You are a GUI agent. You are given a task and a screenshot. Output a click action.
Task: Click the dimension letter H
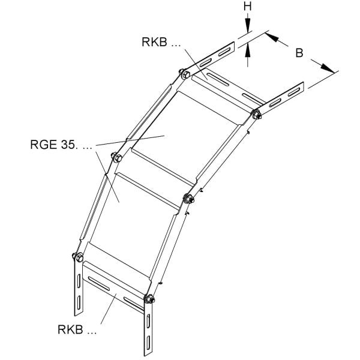pyautogui.click(x=247, y=7)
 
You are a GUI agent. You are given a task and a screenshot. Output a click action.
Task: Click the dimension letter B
pyautogui.click(x=299, y=53)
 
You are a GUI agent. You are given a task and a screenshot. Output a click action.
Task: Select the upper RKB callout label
pyautogui.click(x=161, y=42)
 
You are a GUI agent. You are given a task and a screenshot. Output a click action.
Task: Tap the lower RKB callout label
pyautogui.click(x=77, y=329)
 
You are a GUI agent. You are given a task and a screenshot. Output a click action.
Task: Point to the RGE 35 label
pyautogui.click(x=61, y=145)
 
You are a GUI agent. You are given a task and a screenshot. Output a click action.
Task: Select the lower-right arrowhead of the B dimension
pyautogui.click(x=328, y=68)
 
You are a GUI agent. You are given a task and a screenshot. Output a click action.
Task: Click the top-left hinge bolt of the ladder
pyautogui.click(x=185, y=74)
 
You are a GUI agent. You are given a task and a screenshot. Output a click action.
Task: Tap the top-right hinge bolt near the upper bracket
pyautogui.click(x=256, y=115)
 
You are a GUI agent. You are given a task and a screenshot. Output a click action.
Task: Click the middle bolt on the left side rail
pyautogui.click(x=118, y=157)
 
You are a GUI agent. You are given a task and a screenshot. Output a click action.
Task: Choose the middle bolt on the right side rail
pyautogui.click(x=189, y=199)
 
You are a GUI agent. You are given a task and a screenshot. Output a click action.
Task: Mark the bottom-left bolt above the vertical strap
pyautogui.click(x=79, y=257)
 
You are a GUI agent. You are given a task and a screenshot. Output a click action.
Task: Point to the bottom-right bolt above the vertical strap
pyautogui.click(x=149, y=299)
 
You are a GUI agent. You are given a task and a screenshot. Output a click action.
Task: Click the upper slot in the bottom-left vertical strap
pyautogui.click(x=79, y=281)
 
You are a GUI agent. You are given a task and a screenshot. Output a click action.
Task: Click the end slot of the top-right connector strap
pyautogui.click(x=294, y=92)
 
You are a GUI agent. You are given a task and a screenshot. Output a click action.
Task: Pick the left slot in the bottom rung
pyautogui.click(x=99, y=283)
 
